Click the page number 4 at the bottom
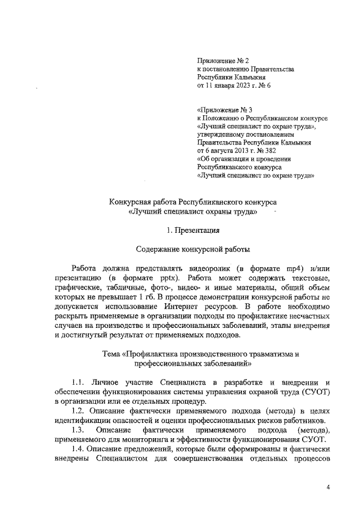[328, 487]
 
